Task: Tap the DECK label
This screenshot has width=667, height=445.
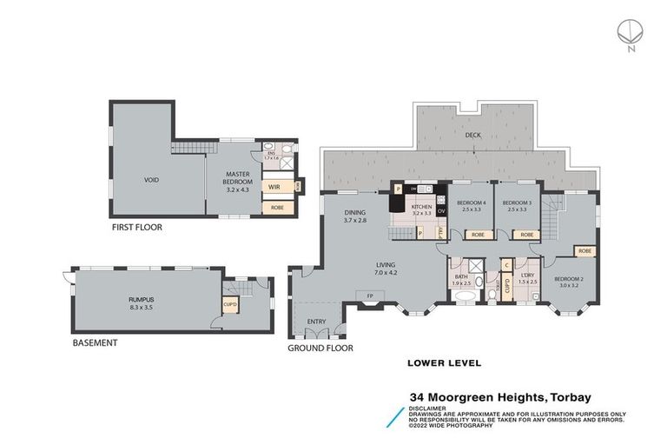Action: pyautogui.click(x=472, y=136)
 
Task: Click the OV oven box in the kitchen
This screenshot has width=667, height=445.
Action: pyautogui.click(x=441, y=211)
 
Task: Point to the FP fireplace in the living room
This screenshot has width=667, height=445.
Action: pyautogui.click(x=371, y=295)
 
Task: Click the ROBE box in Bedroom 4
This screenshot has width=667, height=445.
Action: pyautogui.click(x=477, y=235)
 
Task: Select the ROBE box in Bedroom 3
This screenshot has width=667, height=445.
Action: pyautogui.click(x=525, y=235)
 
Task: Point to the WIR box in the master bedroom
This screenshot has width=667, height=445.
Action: pyautogui.click(x=274, y=187)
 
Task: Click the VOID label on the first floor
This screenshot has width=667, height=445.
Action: pyautogui.click(x=150, y=181)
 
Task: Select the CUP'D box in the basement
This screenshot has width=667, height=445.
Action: pyautogui.click(x=231, y=305)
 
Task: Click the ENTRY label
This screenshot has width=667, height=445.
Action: pyautogui.click(x=316, y=322)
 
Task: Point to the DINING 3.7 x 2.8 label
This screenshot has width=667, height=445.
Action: pyautogui.click(x=354, y=216)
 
